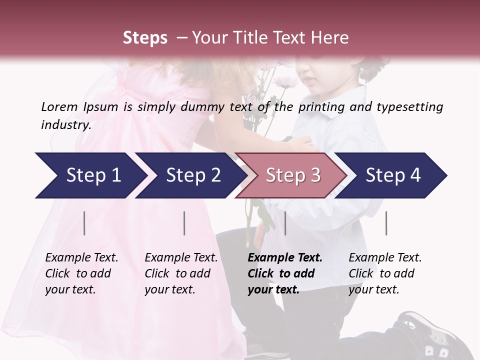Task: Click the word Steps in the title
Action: coord(145,38)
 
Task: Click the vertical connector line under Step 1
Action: coord(84,223)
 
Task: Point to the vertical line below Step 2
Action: coord(184,223)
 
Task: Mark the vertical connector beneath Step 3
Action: coord(285,223)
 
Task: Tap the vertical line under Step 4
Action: coord(386,223)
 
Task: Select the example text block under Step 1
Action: coord(81,273)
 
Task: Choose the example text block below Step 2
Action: coord(181,273)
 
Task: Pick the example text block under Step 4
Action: coord(385,273)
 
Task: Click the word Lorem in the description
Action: coord(59,106)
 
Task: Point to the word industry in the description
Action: coord(66,125)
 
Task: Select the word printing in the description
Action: coord(320,107)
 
